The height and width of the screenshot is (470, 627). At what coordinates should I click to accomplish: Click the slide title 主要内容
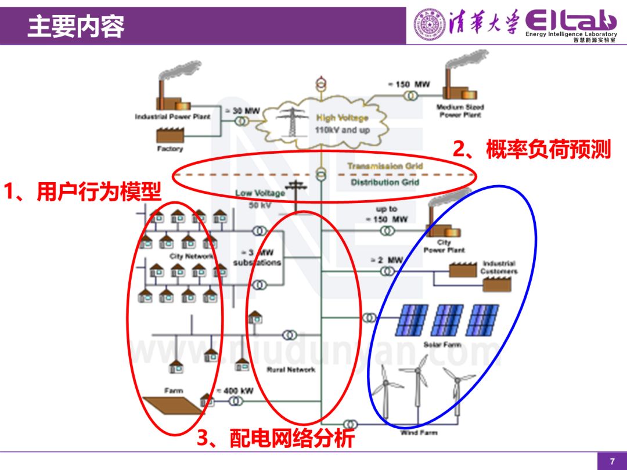76,27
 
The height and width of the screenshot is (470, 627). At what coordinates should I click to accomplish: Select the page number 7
611,461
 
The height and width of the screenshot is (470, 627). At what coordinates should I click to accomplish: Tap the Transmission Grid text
385,166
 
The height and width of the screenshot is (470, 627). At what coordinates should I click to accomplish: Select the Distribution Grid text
385,182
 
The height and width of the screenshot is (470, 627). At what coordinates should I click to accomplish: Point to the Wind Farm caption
419,432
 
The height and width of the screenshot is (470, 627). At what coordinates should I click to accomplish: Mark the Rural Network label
291,370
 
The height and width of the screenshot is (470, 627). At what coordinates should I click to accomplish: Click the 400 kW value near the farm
239,391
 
